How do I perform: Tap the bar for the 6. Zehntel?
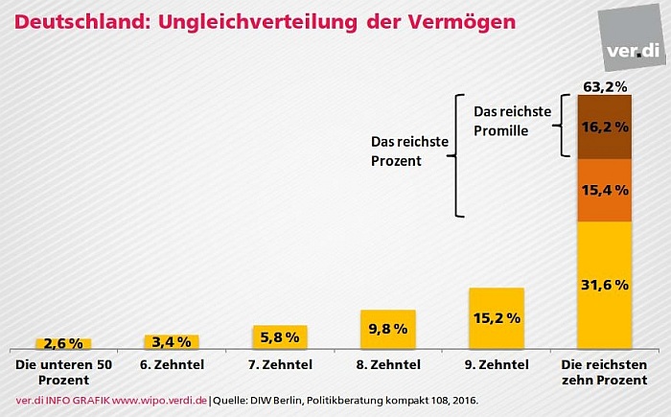[x=172, y=341]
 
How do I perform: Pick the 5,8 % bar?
[x=280, y=336]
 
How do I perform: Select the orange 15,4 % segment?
[x=605, y=191]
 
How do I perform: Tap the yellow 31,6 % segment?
[x=605, y=285]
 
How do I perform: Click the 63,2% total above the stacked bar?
[x=605, y=87]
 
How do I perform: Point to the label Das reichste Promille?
[x=512, y=121]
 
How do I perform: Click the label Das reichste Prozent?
[x=409, y=151]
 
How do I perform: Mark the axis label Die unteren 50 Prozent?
[x=63, y=372]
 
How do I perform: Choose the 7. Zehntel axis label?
[x=280, y=365]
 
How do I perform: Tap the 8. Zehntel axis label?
[x=388, y=365]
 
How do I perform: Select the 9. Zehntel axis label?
[x=497, y=365]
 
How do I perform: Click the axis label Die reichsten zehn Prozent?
[x=605, y=372]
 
